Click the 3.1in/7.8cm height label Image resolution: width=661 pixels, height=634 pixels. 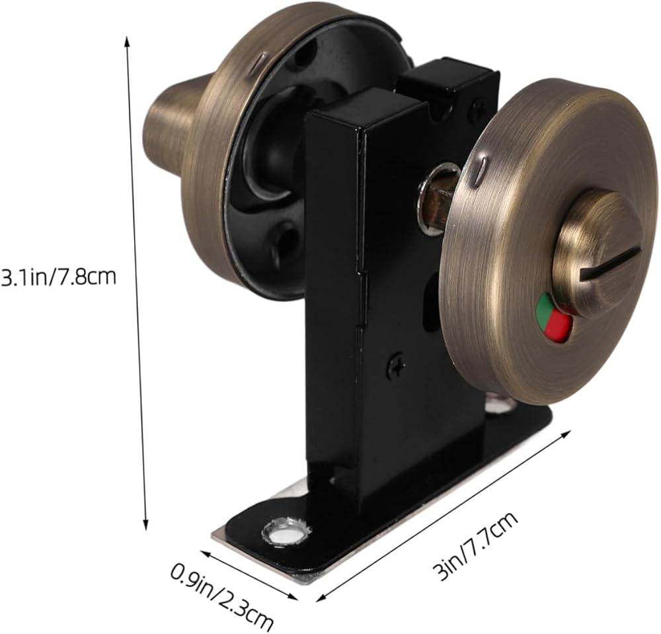58,278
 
